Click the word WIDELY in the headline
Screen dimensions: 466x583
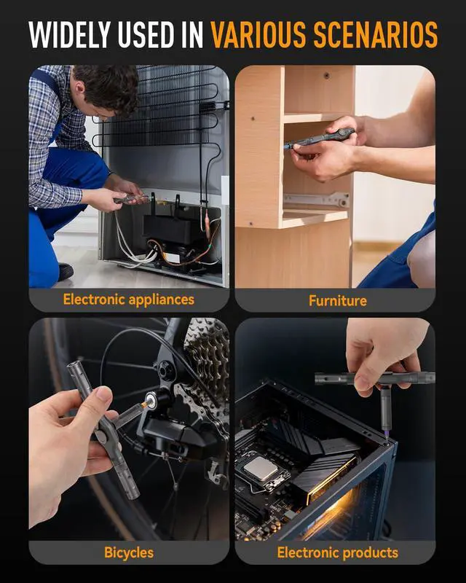pos(69,34)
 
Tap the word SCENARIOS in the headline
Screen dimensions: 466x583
pos(376,34)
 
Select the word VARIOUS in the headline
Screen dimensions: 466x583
pos(258,34)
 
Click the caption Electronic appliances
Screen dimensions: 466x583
pos(129,300)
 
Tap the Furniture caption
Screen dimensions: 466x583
pos(337,300)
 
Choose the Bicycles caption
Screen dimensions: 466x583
pos(129,552)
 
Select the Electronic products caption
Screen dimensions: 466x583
pos(337,552)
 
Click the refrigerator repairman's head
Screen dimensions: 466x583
pos(105,89)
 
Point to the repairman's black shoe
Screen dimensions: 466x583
pos(66,272)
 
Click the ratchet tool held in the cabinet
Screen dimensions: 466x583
pos(319,138)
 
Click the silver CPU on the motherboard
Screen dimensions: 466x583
pos(261,469)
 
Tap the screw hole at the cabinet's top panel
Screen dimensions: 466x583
pos(326,76)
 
